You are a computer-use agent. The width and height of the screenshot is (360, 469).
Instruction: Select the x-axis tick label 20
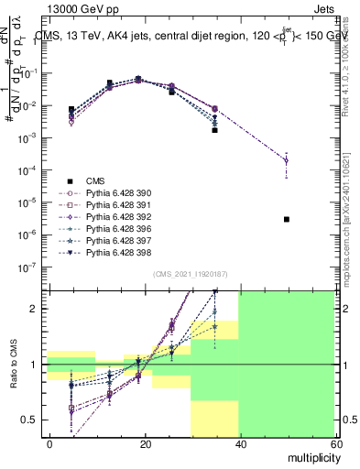click(145, 443)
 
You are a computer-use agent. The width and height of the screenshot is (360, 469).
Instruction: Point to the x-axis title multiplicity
click(311, 456)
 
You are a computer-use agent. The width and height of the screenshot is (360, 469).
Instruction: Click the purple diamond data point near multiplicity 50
click(287, 160)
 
